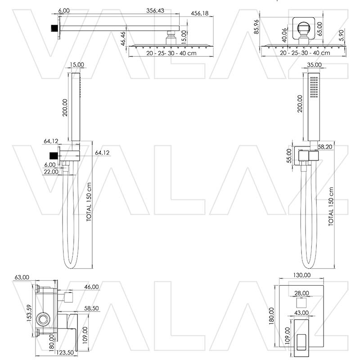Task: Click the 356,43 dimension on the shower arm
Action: coord(155,10)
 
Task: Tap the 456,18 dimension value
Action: coord(200,13)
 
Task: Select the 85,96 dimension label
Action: coord(256,27)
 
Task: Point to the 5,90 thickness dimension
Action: coord(342,36)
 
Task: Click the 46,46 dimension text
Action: coord(123,39)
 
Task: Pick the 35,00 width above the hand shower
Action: coord(314,65)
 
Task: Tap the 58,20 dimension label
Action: coord(325,147)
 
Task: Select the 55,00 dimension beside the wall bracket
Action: coord(289,156)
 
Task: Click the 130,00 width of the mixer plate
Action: coord(302,275)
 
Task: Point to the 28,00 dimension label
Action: coord(301,293)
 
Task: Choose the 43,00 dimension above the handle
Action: coord(301,313)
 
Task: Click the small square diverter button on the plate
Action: coord(301,303)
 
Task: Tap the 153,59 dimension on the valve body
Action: coord(29,313)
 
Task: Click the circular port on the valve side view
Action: coord(43,319)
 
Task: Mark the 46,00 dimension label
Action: coord(91,287)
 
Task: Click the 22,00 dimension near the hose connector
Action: coord(51,171)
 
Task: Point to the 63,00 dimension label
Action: coord(22,277)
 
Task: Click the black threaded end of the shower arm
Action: coord(54,28)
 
